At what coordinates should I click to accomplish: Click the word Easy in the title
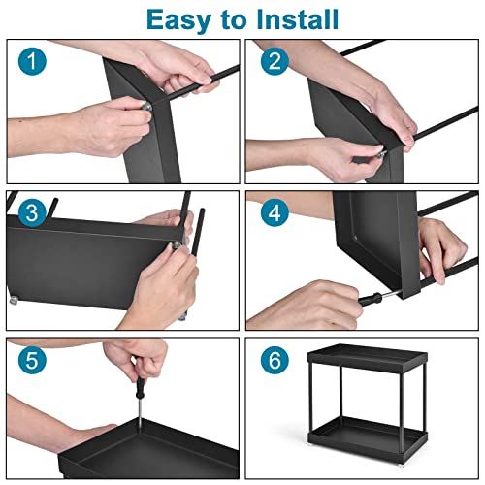[x=178, y=20]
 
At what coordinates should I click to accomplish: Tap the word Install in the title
[x=297, y=19]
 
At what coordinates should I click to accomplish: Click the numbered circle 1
[x=32, y=61]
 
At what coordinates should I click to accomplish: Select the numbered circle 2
[x=275, y=61]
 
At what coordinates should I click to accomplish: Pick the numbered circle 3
[x=32, y=212]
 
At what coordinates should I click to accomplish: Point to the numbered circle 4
[x=275, y=212]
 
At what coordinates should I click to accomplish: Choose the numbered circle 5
[x=32, y=360]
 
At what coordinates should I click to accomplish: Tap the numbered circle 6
[x=275, y=360]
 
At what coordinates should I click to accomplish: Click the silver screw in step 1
[x=146, y=106]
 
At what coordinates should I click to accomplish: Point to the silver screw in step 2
[x=381, y=154]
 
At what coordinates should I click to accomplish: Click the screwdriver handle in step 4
[x=371, y=298]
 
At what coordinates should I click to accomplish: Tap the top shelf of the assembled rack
[x=367, y=357]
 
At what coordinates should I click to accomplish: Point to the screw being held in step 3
[x=178, y=244]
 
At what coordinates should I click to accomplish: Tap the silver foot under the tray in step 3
[x=14, y=301]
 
